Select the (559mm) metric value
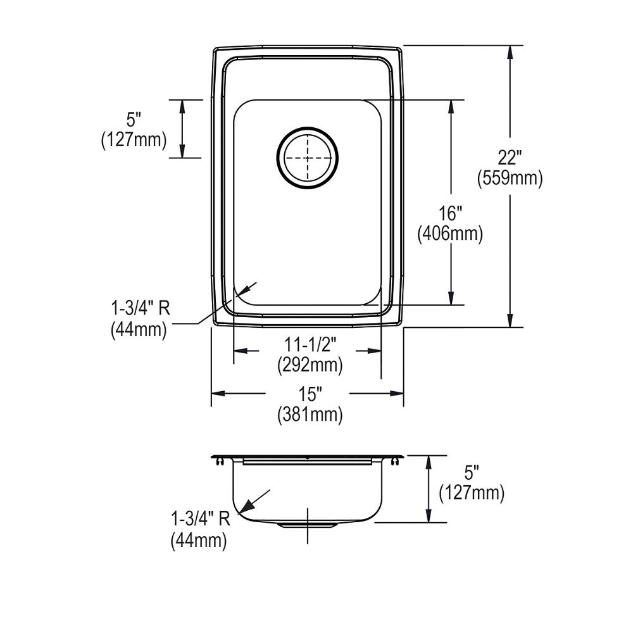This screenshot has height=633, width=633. click(509, 179)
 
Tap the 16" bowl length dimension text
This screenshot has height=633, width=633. click(450, 213)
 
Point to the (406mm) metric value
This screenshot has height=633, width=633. click(450, 234)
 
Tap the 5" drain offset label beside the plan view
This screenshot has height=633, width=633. click(134, 118)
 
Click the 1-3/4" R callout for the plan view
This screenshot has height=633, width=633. click(140, 308)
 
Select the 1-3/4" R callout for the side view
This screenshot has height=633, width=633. click(200, 519)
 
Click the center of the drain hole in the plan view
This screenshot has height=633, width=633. click(308, 158)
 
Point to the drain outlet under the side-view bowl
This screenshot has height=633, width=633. click(308, 525)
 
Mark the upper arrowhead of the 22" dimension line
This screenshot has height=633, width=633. click(510, 51)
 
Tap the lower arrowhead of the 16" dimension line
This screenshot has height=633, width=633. click(451, 298)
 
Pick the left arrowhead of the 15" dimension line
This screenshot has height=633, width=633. click(217, 394)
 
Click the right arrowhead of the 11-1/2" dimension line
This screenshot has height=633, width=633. click(375, 351)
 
